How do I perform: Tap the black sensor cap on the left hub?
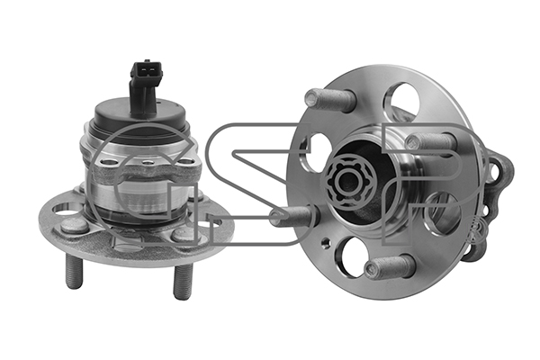coord(140,118)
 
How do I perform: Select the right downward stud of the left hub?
coord(182,282)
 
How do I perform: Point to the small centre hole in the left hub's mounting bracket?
coord(148,163)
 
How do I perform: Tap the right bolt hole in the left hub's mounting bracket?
coord(186,161)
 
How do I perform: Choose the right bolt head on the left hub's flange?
coord(184,234)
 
